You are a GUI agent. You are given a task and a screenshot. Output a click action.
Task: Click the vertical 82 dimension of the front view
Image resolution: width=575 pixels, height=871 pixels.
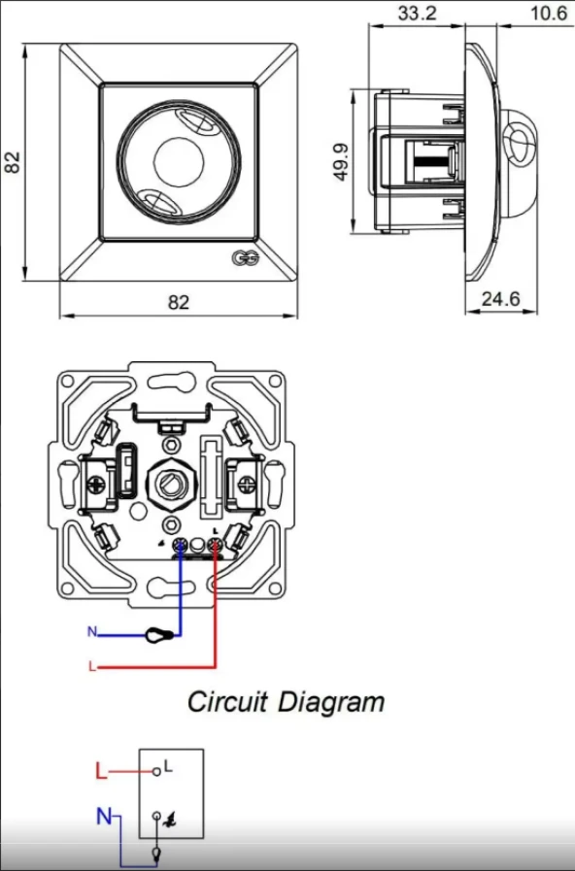[x=13, y=162]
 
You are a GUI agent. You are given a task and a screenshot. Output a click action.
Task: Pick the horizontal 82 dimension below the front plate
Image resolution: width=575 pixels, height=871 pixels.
[x=178, y=302]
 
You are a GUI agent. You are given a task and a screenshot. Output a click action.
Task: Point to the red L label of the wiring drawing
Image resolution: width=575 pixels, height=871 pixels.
[x=92, y=668]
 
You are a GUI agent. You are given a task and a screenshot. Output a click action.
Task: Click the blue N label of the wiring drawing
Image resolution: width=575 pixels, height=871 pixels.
[x=92, y=632]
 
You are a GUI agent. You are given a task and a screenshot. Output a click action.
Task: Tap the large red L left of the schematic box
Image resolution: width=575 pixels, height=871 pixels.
[x=101, y=773]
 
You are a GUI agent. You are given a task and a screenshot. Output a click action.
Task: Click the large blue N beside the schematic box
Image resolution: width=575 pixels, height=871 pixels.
[x=104, y=818]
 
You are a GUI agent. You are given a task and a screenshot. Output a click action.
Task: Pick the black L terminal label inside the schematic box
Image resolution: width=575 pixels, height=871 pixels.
[x=168, y=766]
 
